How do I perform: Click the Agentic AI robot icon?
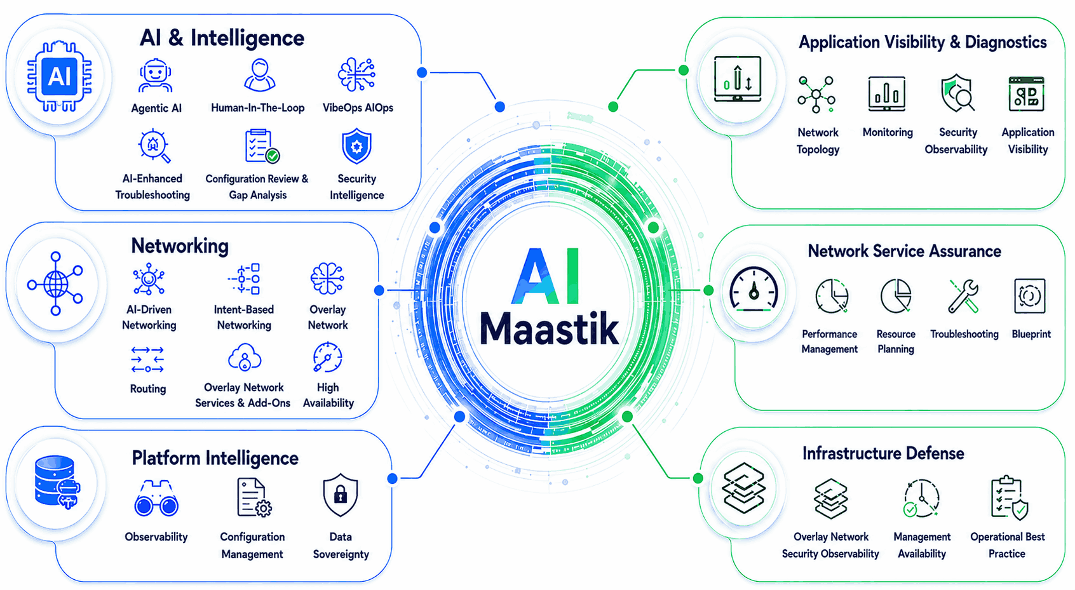click(155, 76)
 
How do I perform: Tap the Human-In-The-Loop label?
click(258, 108)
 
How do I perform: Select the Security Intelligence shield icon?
click(356, 146)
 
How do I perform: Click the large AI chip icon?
click(60, 76)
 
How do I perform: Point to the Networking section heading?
click(180, 246)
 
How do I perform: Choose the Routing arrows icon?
click(147, 359)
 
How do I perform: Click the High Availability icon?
click(328, 357)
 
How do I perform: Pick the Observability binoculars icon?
click(156, 499)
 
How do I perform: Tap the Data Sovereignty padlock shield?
click(341, 495)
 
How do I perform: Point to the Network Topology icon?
click(816, 95)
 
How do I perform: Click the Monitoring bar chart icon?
click(887, 93)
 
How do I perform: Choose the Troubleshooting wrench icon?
click(964, 296)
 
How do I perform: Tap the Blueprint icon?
click(1030, 295)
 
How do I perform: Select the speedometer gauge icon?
click(754, 289)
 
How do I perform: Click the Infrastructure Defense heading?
click(883, 453)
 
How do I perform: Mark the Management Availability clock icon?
click(921, 499)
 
